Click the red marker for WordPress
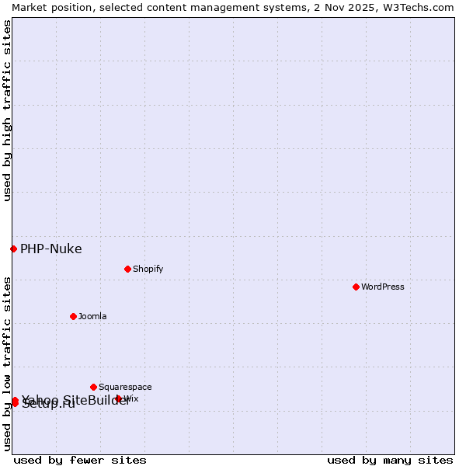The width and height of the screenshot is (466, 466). (x=356, y=287)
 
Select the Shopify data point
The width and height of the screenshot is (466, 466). (x=127, y=269)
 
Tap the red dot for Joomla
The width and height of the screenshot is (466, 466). (x=73, y=316)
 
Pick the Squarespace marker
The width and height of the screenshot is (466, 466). (x=93, y=387)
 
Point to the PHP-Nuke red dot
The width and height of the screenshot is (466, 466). (x=13, y=249)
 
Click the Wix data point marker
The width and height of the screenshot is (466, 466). (x=119, y=398)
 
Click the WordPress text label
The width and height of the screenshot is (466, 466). (x=383, y=287)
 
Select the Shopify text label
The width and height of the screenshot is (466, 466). (x=148, y=269)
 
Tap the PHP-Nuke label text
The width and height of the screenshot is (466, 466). (x=50, y=249)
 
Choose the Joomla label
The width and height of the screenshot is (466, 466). (x=92, y=316)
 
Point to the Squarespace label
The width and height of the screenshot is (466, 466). (x=125, y=387)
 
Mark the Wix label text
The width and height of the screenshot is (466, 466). (x=131, y=398)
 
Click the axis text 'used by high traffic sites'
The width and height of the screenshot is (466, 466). (x=7, y=110)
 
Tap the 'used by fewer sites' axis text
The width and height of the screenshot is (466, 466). (x=80, y=460)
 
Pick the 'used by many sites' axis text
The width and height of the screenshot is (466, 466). (x=390, y=460)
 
